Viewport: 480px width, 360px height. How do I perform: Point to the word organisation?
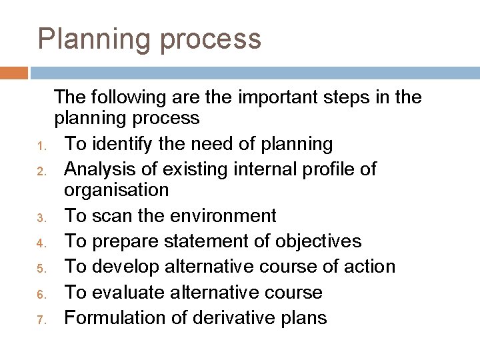(116, 191)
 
